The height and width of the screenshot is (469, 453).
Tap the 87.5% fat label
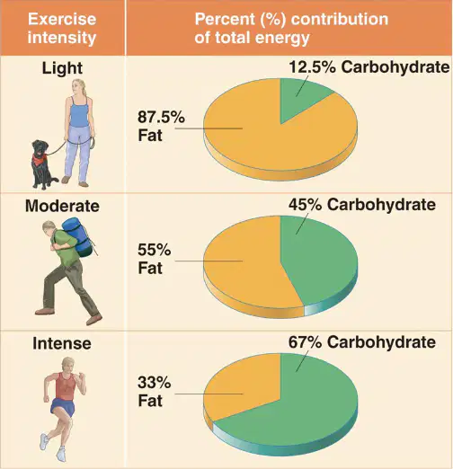click(x=161, y=126)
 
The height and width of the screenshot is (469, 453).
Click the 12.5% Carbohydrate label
click(x=369, y=66)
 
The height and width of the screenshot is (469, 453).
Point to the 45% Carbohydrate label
click(x=362, y=205)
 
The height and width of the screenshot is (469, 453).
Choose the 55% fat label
click(x=154, y=259)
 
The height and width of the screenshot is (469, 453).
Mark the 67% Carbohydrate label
click(x=362, y=342)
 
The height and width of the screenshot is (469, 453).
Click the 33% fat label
click(x=154, y=392)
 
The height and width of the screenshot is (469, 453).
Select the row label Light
click(x=62, y=68)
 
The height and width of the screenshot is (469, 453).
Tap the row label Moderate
click(x=62, y=206)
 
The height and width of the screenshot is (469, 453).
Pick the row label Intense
click(x=62, y=343)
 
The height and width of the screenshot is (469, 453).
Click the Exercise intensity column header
click(x=62, y=28)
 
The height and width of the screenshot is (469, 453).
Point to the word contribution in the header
click(x=340, y=19)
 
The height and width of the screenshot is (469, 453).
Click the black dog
click(x=43, y=164)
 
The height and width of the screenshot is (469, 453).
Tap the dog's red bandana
click(x=40, y=159)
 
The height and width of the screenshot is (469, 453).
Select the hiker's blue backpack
click(x=78, y=237)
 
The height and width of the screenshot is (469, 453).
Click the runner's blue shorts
click(x=63, y=407)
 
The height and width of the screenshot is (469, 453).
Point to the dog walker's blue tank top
click(x=79, y=112)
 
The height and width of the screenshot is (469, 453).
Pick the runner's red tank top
click(x=66, y=386)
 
